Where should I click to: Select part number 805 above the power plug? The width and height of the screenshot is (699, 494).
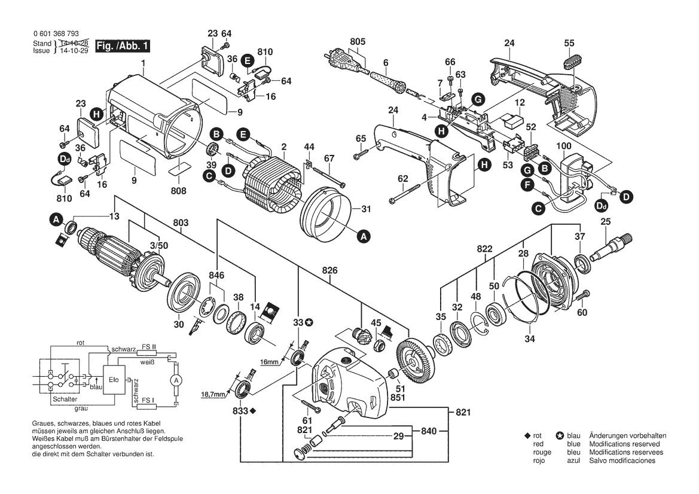point(358,41)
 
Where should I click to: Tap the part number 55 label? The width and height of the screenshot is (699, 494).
point(569,42)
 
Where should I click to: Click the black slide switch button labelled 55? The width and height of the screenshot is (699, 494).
point(573,62)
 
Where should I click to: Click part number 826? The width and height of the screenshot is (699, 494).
point(330,270)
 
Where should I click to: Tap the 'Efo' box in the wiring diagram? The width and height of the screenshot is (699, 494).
point(114,380)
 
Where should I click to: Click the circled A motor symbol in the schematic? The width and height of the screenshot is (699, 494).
point(175,380)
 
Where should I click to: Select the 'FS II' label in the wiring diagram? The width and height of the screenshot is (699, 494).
point(149,347)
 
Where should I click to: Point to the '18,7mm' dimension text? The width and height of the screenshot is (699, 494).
point(213,395)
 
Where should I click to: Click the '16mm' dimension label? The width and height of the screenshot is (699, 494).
point(270,361)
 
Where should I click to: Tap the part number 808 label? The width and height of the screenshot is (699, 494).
point(178,191)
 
